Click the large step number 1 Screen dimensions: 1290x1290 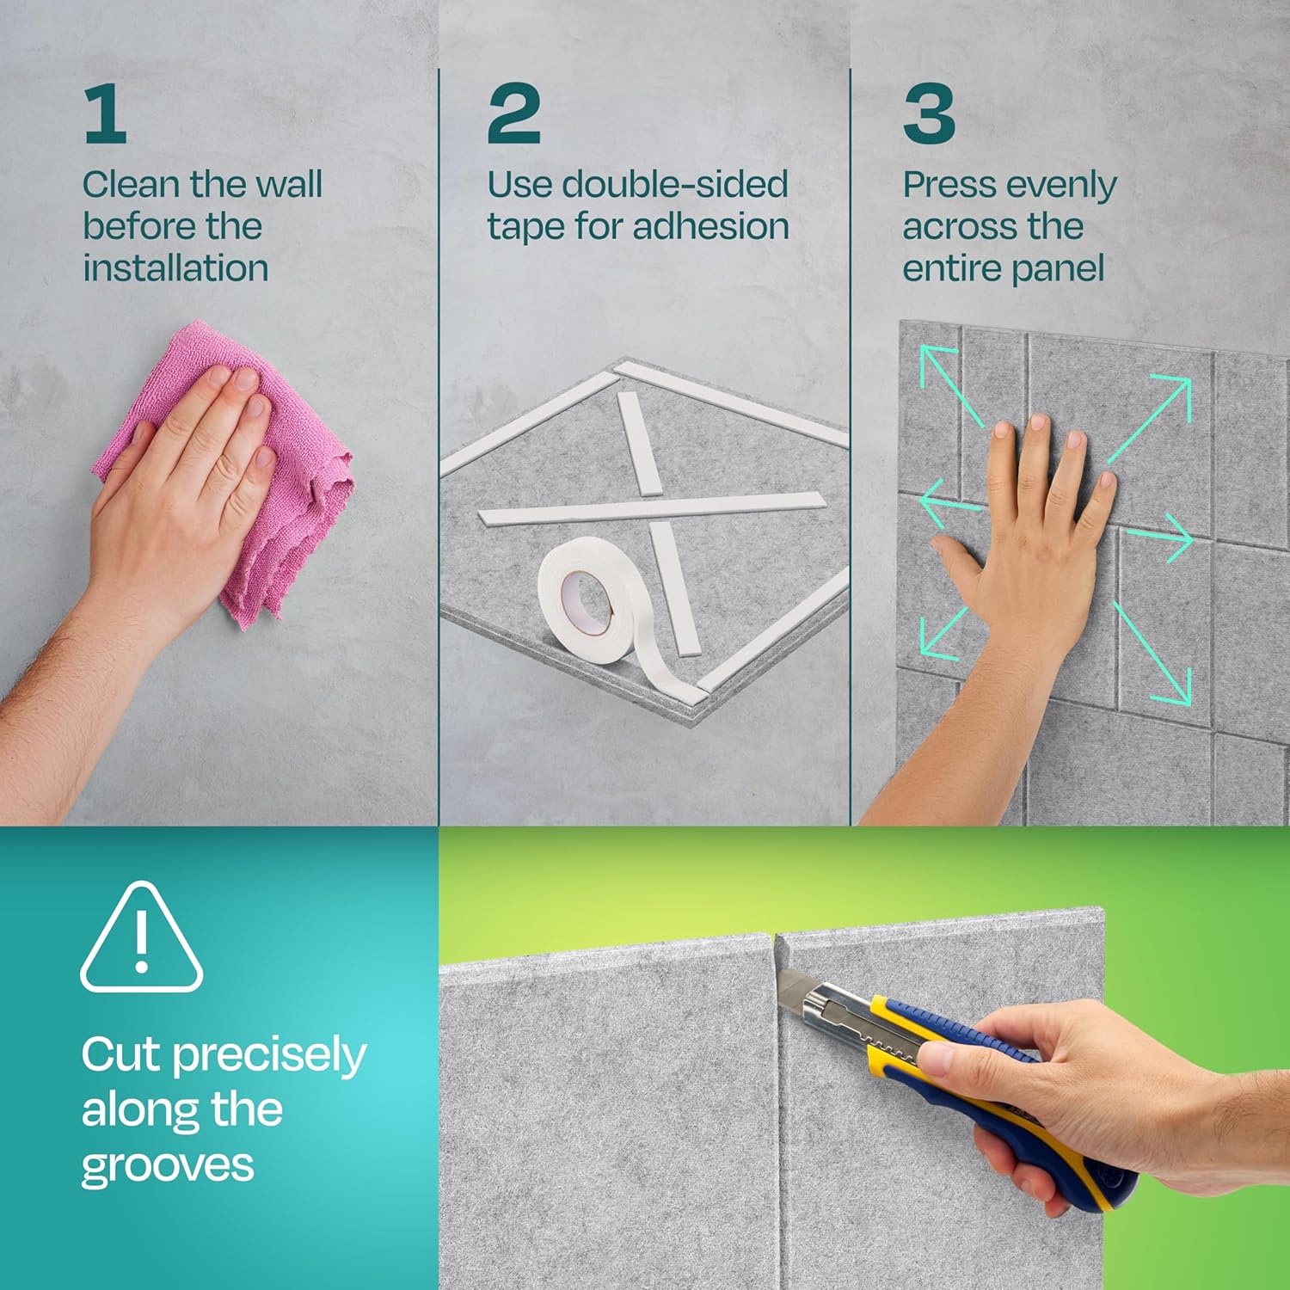pyautogui.click(x=106, y=115)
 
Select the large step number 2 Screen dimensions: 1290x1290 pyautogui.click(x=513, y=114)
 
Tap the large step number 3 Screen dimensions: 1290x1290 pyautogui.click(x=929, y=114)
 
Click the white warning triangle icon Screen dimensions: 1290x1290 pyautogui.click(x=142, y=937)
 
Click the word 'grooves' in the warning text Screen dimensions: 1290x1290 pyautogui.click(x=168, y=1168)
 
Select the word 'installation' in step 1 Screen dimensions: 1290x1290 pyautogui.click(x=176, y=267)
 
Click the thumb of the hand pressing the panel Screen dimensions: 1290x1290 pyautogui.click(x=959, y=559)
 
